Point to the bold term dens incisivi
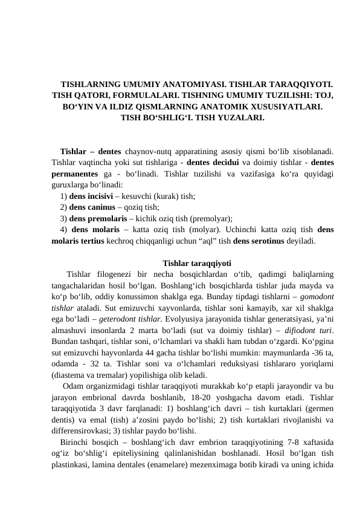pos(93,196)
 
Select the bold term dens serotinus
pos(263,240)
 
